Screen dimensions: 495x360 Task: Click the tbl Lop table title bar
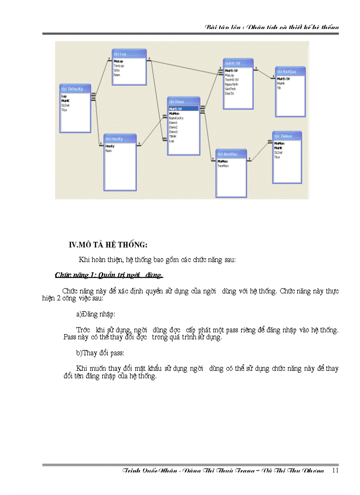[129, 53]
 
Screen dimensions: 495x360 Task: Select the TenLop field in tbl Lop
[119, 65]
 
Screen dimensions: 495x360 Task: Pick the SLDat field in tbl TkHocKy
[66, 105]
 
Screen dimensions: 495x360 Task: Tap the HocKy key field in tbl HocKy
[110, 146]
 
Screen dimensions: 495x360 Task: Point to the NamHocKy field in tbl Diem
[176, 118]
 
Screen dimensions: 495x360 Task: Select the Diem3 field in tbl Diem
[174, 132]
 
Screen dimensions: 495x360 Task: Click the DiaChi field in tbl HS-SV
[230, 93]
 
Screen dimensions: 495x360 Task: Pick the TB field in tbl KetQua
[279, 87]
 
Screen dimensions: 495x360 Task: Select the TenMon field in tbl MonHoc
[223, 166]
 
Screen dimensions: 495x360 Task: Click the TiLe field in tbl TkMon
[277, 157]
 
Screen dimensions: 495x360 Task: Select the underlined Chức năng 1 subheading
[109, 275]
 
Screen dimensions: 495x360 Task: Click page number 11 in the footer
[335, 470]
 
